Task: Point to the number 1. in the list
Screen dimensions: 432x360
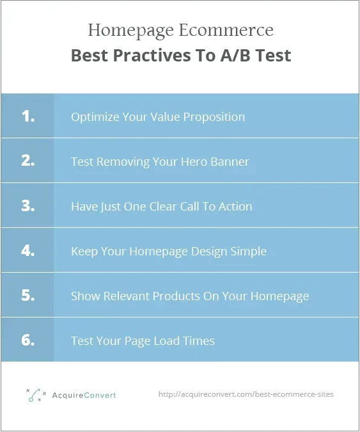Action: click(27, 116)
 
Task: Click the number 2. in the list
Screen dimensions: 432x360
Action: click(27, 161)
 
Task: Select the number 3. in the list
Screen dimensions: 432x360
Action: click(27, 205)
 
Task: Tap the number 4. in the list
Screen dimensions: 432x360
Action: click(27, 250)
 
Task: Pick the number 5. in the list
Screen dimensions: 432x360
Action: click(27, 295)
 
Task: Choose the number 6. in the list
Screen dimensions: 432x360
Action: click(27, 340)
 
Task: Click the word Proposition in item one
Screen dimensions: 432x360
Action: click(214, 117)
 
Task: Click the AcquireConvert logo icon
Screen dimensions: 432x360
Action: click(36, 395)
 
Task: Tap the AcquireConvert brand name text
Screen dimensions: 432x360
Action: click(85, 395)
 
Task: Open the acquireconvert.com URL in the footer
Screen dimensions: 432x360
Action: click(246, 394)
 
